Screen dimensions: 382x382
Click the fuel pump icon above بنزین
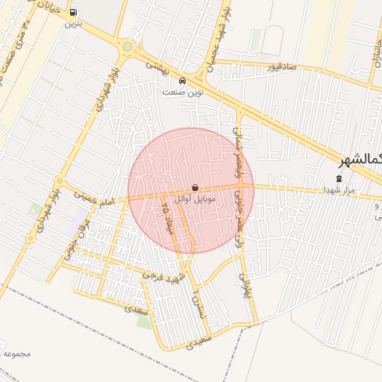tap(73, 13)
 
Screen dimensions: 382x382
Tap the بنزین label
tap(73, 24)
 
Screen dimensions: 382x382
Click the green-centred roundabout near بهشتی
tap(128, 46)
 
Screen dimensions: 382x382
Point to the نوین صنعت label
tap(184, 92)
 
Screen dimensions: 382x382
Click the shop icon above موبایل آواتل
tap(195, 188)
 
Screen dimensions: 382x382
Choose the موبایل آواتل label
tap(195, 199)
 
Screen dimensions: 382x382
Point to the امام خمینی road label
tap(95, 197)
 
